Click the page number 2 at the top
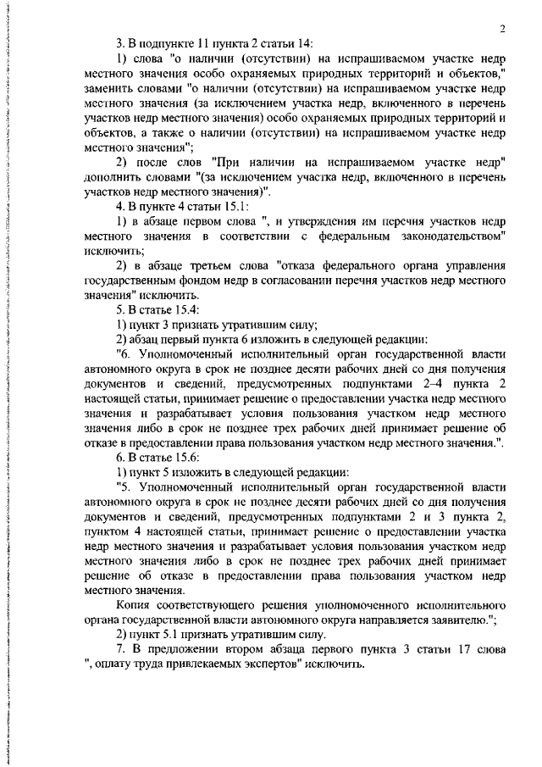click(x=502, y=29)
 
